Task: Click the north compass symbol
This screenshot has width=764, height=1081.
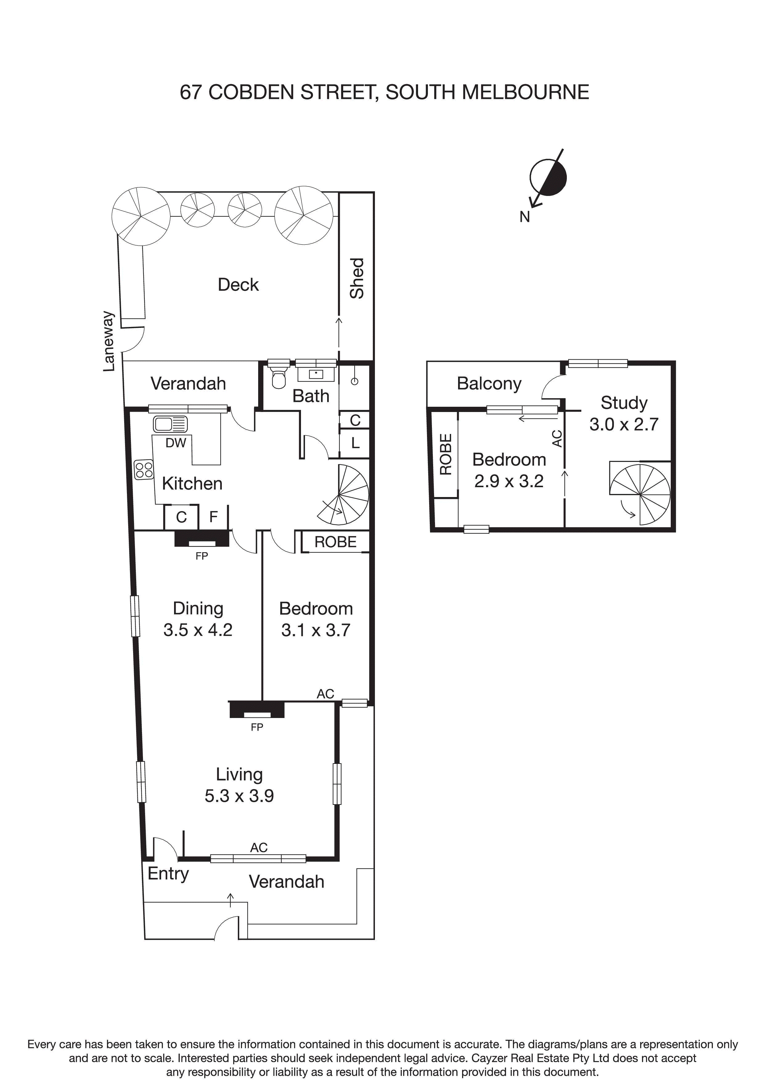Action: (547, 177)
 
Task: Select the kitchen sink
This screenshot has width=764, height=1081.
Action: (170, 424)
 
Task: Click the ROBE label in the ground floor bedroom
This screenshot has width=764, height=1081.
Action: (335, 542)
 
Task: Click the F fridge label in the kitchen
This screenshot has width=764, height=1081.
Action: (213, 517)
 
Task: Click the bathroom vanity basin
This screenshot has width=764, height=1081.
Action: (316, 374)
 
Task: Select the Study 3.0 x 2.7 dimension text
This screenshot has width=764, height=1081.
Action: (624, 424)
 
